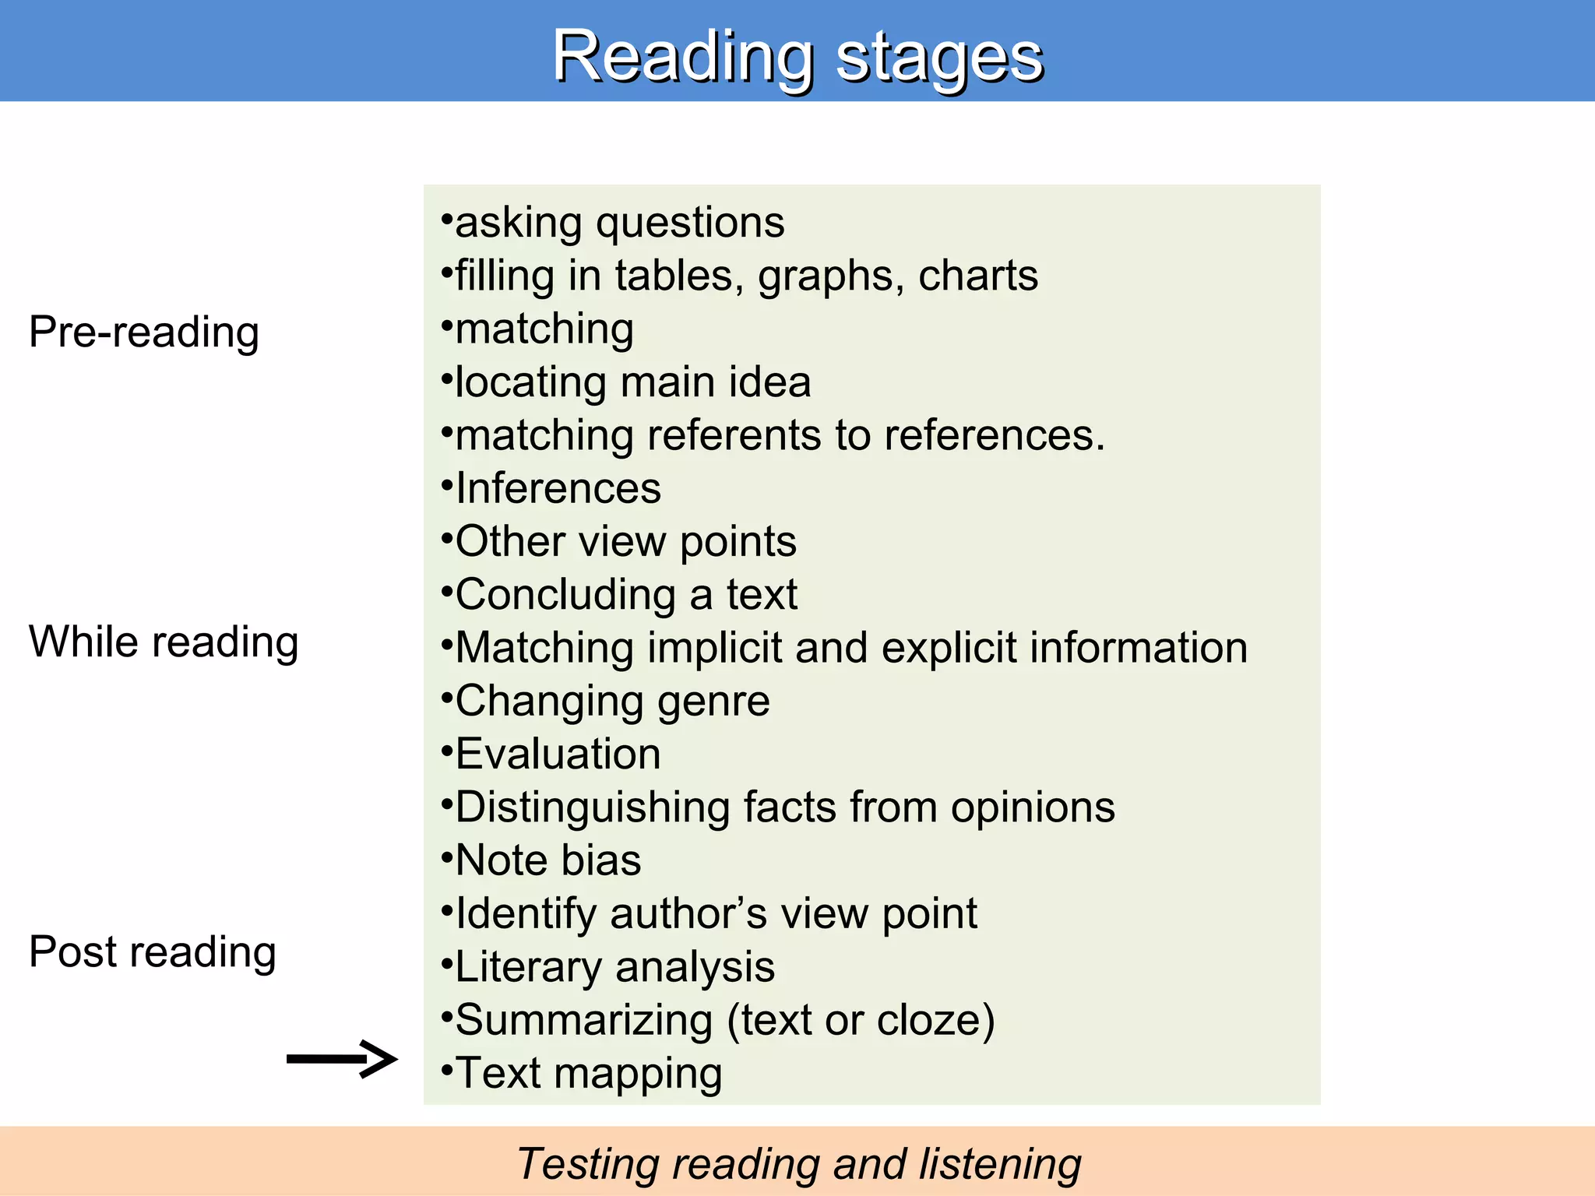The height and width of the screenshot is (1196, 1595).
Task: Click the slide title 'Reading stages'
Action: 797,56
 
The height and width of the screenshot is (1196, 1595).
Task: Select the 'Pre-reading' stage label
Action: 144,332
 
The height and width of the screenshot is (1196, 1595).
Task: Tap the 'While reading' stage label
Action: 164,642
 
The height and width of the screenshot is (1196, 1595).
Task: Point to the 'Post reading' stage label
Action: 153,952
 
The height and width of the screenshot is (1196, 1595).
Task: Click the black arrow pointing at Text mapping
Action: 342,1058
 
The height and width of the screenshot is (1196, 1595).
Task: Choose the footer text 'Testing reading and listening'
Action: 798,1164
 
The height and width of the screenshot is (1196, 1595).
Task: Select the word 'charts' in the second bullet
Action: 977,276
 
